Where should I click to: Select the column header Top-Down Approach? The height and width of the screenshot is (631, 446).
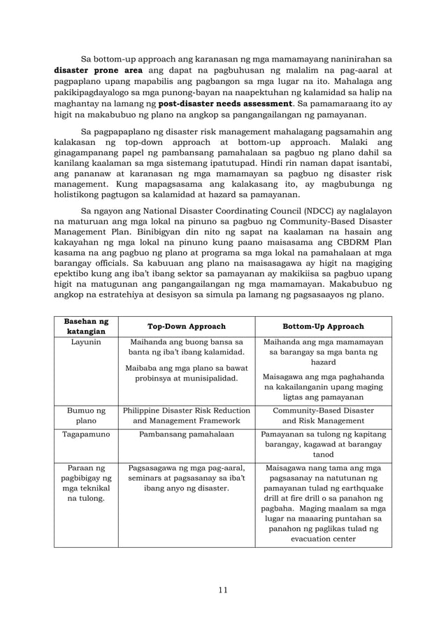(186, 327)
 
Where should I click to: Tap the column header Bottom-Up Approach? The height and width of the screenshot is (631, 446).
(322, 327)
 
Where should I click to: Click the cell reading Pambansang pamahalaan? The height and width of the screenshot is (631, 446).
(186, 434)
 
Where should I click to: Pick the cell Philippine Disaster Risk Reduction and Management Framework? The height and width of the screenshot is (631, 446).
(186, 416)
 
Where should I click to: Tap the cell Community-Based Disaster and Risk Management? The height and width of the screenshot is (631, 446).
(322, 416)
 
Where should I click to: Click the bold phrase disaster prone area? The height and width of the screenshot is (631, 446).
(99, 70)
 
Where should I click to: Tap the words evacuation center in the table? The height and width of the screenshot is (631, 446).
(322, 539)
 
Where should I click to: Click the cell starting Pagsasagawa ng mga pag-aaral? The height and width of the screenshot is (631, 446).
(186, 478)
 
